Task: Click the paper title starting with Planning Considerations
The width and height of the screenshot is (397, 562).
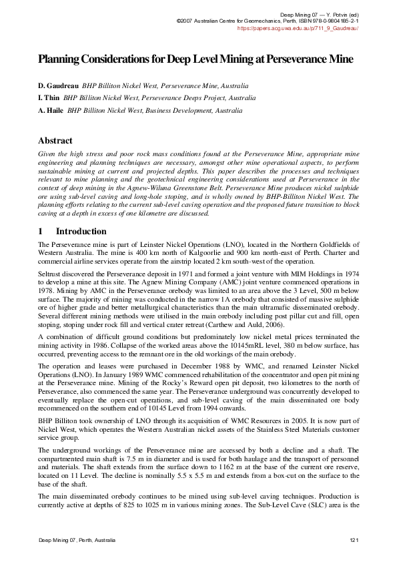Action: (195, 59)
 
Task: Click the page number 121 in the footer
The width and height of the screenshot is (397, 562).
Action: (354, 539)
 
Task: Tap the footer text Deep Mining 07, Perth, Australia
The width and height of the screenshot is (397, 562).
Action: (77, 539)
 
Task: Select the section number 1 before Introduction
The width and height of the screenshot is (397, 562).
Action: (41, 232)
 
